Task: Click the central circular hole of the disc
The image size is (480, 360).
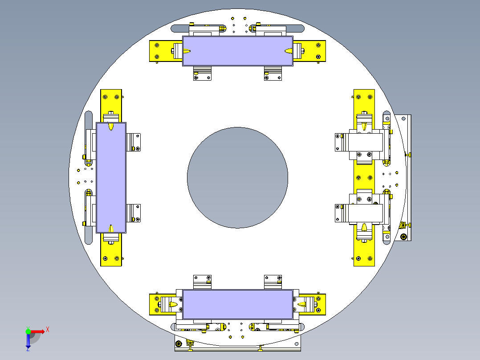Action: (238, 178)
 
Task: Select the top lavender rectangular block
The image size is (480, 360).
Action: (238, 51)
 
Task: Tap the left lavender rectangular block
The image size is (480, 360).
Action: (111, 178)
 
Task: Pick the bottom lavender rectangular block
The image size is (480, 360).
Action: (238, 305)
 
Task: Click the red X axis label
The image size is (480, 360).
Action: (48, 330)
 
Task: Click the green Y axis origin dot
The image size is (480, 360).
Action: (28, 331)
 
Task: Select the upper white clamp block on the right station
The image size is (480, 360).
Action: (366, 142)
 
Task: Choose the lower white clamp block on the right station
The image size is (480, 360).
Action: (366, 213)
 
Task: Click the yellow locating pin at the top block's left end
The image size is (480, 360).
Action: (187, 51)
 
